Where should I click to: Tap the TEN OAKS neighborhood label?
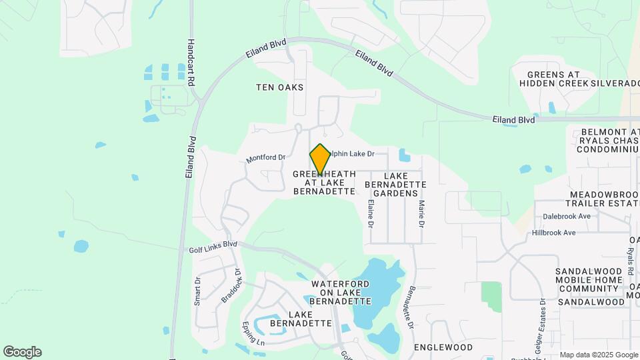click(280, 87)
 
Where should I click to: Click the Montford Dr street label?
click(265, 159)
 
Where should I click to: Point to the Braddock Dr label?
click(230, 285)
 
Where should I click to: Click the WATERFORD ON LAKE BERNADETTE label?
click(341, 293)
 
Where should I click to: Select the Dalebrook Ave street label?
click(567, 217)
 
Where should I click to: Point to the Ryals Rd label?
click(629, 261)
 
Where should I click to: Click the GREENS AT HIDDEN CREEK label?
click(553, 79)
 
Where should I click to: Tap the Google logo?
click(22, 352)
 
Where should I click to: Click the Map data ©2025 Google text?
click(599, 355)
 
